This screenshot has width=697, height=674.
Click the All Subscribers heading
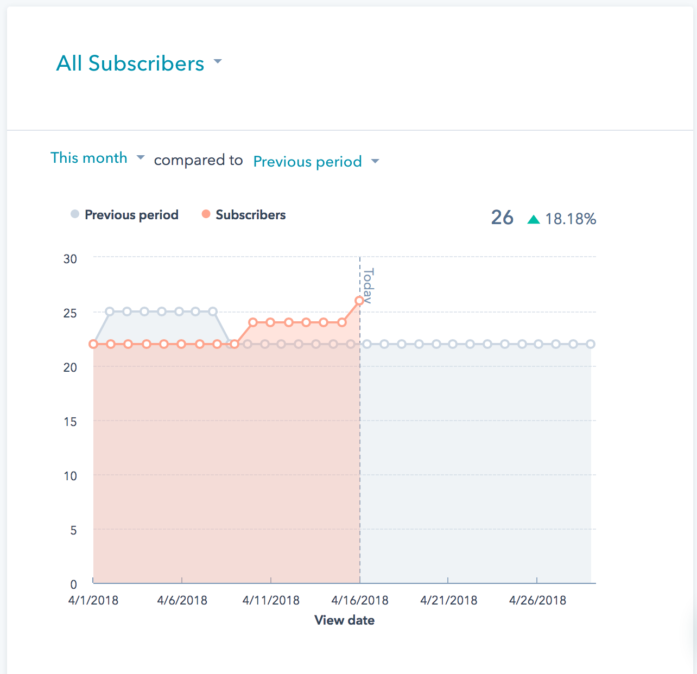130,63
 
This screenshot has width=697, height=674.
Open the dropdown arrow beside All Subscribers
218,61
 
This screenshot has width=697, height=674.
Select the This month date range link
89,158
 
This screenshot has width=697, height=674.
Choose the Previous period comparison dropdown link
308,162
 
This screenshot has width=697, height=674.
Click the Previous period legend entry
131,215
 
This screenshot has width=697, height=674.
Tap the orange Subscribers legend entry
250,215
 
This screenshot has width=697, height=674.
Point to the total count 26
502,218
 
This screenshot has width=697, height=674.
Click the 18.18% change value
571,219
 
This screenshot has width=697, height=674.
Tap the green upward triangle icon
534,219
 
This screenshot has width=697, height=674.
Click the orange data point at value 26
359,301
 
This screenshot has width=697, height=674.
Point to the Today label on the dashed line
368,286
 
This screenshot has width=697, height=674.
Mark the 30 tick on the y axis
70,259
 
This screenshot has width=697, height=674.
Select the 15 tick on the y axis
70,422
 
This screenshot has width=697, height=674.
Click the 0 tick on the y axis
73,584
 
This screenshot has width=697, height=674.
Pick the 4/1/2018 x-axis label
93,600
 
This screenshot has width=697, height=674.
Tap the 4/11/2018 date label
271,600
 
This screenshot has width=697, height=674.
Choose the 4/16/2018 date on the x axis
360,600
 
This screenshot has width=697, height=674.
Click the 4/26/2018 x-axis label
537,600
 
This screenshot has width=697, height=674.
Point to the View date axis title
344,620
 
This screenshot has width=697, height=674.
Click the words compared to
198,160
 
